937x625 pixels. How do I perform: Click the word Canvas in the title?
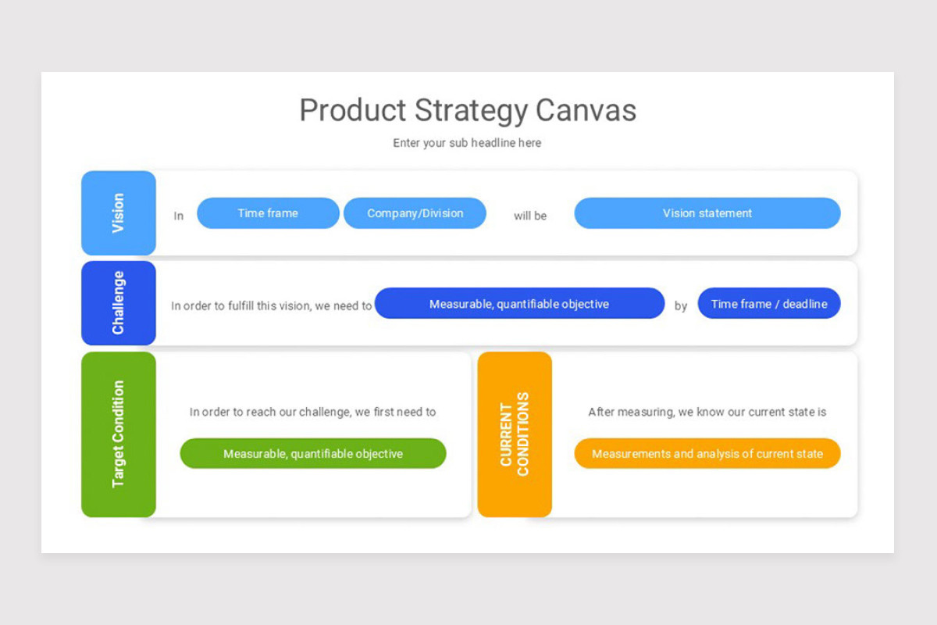pos(586,110)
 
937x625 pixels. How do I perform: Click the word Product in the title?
pos(353,110)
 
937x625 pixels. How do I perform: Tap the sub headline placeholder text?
pos(467,143)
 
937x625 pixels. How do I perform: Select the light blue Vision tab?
pos(119,213)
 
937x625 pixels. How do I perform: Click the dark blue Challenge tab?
pos(119,303)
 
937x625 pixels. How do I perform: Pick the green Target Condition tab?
pos(119,434)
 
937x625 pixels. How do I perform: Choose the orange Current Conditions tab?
pos(515,434)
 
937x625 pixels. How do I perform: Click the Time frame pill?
pos(268,213)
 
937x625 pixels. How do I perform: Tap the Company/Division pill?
pos(415,213)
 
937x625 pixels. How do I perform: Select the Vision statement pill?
pos(707,213)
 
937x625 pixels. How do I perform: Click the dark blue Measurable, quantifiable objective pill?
pos(519,303)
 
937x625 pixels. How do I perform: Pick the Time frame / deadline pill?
pos(769,303)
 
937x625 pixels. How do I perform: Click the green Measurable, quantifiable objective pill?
pos(313,453)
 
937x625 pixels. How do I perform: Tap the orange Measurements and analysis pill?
pos(707,453)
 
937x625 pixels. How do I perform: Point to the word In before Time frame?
pos(179,216)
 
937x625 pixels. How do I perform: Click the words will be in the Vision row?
pos(530,216)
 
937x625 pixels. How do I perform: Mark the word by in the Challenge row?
pos(681,306)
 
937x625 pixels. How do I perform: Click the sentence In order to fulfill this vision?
pos(272,306)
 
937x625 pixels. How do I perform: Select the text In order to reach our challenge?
pos(313,412)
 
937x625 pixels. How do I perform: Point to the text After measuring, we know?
pos(707,412)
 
